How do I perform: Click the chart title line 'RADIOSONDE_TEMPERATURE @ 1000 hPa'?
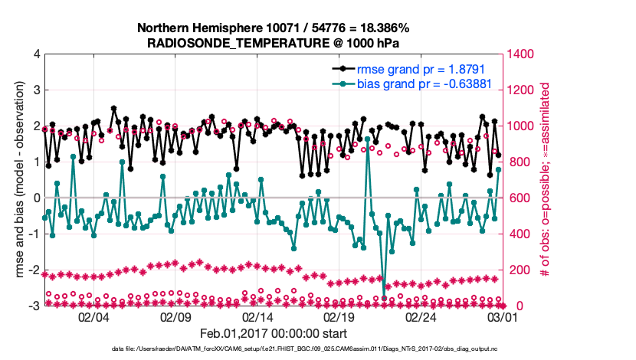point(273,43)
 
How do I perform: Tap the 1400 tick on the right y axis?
point(522,54)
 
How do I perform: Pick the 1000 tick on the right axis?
point(522,126)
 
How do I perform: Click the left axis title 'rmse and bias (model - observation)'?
point(20,180)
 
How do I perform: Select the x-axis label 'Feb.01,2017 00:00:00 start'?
point(273,333)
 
